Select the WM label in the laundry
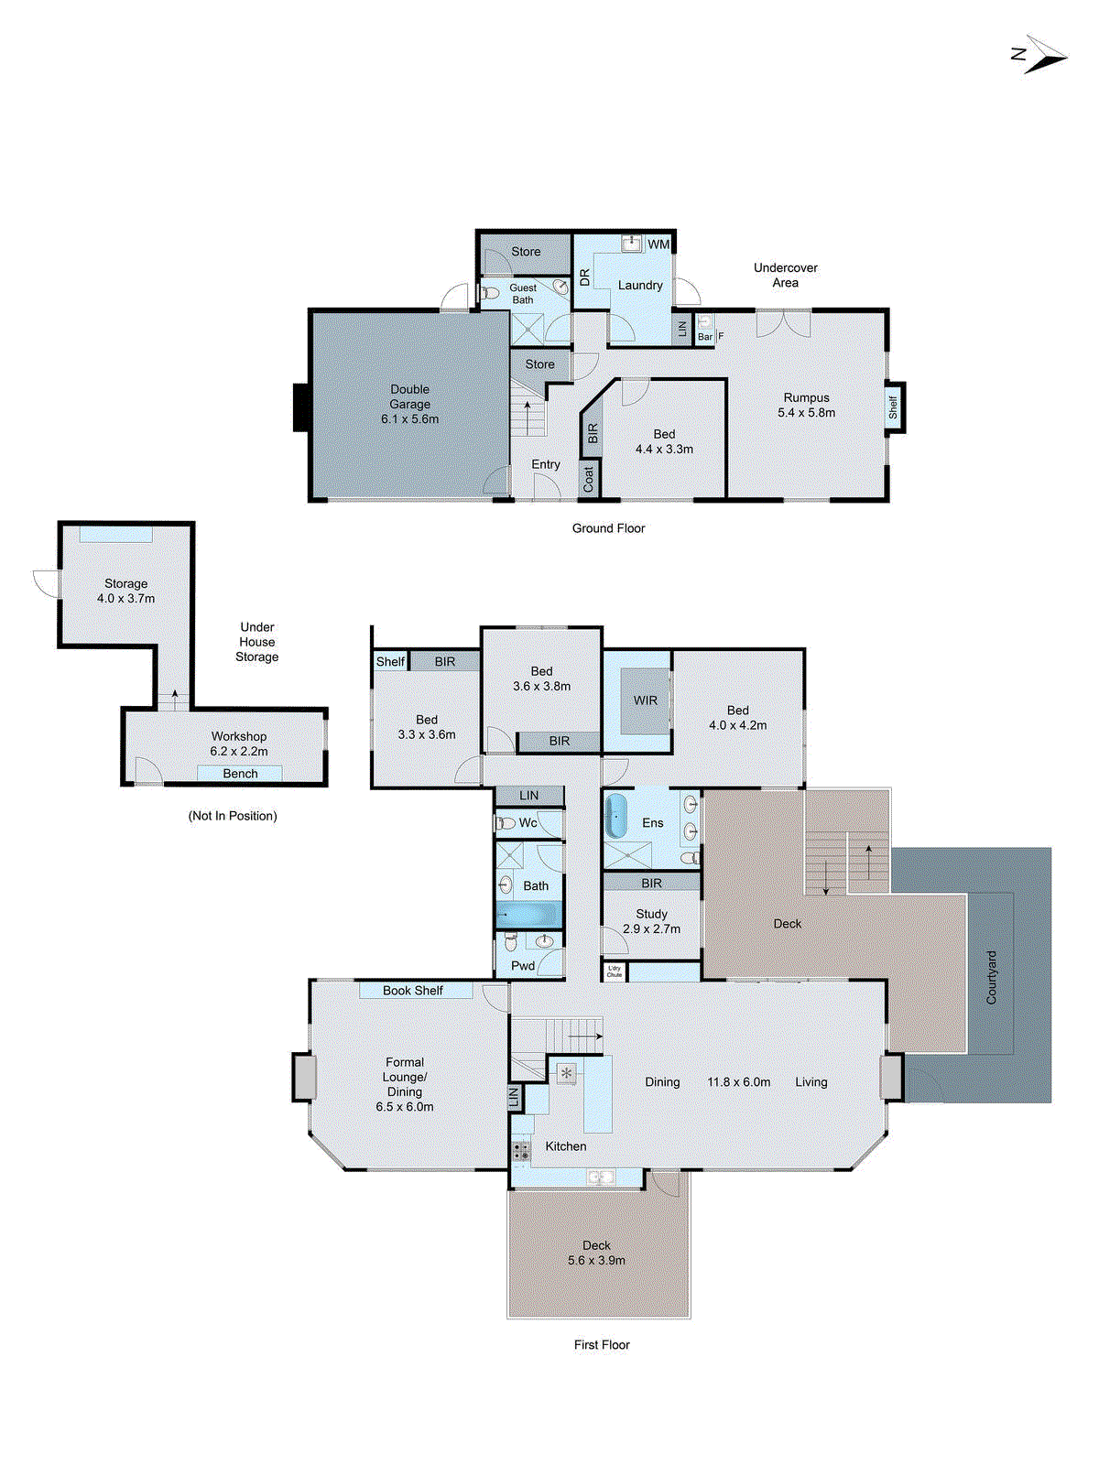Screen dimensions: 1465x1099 658,244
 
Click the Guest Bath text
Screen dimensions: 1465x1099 523,294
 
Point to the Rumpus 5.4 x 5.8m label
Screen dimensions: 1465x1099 806,405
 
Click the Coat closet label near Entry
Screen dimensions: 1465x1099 589,479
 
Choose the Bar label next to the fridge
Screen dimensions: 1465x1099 705,337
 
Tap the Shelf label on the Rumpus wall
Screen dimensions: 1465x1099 893,407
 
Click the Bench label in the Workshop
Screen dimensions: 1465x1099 240,774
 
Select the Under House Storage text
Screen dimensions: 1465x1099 257,642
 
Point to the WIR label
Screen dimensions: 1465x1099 646,700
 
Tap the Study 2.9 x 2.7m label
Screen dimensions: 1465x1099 651,921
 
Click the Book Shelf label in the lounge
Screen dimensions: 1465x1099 413,991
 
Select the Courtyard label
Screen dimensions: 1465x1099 991,977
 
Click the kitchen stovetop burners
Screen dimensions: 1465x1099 521,1151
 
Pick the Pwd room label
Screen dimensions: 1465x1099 523,966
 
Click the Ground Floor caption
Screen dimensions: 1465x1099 608,528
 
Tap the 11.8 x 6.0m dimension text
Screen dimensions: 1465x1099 738,1082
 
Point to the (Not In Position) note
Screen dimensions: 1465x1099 233,816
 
